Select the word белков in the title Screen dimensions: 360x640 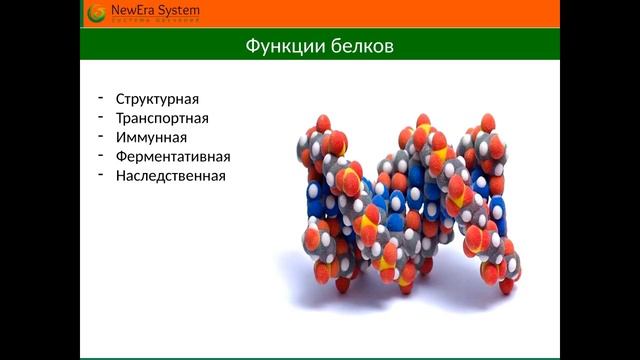(x=356, y=48)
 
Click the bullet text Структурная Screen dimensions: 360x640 (x=157, y=100)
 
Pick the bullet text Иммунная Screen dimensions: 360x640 (x=151, y=138)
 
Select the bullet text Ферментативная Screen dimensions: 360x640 (x=173, y=157)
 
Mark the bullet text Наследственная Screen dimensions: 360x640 (x=171, y=176)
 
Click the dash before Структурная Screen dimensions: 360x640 (x=101, y=98)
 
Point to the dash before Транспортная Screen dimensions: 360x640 (x=101, y=117)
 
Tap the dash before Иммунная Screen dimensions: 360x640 (x=101, y=136)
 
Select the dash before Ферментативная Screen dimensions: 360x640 (x=101, y=155)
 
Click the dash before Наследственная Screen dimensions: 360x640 (x=101, y=174)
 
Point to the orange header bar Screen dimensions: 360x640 (x=400, y=14)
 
